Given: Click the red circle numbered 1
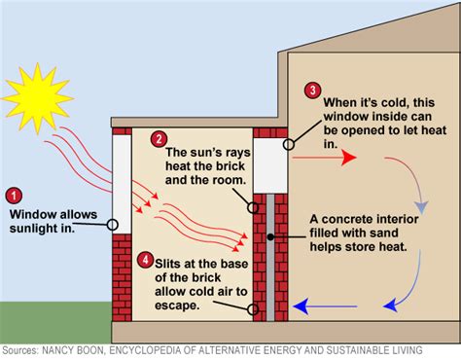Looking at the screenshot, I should pyautogui.click(x=13, y=195).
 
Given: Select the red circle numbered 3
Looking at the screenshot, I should pyautogui.click(x=312, y=90).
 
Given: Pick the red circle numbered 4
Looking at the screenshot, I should pyautogui.click(x=144, y=261).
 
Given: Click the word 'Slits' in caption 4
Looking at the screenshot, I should pyautogui.click(x=173, y=261).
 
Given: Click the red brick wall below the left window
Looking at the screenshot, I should pyautogui.click(x=122, y=277).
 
